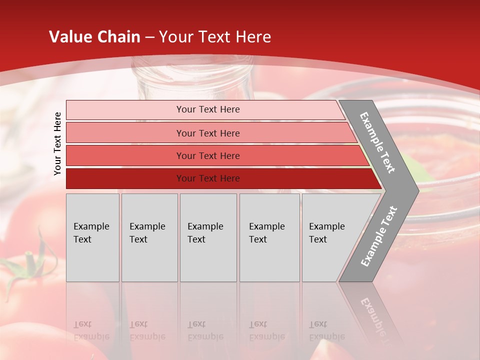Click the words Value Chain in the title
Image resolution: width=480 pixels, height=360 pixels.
pos(94,36)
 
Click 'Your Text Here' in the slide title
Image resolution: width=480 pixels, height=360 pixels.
pos(215,36)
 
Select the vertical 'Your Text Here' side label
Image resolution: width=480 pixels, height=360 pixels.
pos(57,143)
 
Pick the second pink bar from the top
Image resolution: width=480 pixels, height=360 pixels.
pos(208,133)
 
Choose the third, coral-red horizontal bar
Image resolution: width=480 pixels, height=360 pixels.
pos(208,155)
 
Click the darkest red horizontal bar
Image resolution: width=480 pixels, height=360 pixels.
pos(208,178)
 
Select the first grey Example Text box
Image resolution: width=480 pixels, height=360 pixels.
pos(92,237)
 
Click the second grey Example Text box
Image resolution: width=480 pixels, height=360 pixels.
pos(149,237)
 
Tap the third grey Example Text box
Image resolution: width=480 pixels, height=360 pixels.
pos(208,237)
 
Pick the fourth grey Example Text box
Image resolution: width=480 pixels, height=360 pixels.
pos(269,237)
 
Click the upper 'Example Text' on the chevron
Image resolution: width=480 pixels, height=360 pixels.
pos(377,142)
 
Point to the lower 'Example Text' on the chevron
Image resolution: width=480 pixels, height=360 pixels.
pos(378,236)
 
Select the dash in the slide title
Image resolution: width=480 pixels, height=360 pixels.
pos(149,37)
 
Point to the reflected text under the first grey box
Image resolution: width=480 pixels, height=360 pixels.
pos(91,330)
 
